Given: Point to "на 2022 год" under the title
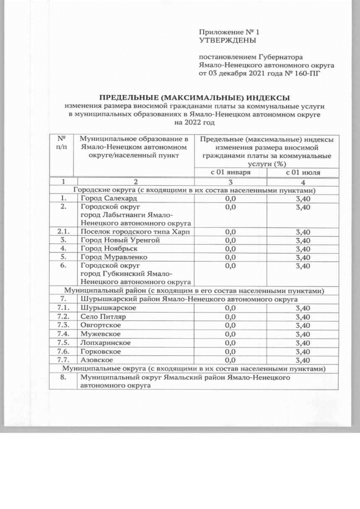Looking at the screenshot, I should click(195, 122).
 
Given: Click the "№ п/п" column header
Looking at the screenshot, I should click(62, 143).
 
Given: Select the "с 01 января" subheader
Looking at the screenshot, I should click(230, 172).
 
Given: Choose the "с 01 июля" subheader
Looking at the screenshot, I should click(303, 172).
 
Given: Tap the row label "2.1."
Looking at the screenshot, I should click(63, 231).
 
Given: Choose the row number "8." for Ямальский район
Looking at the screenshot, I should click(63, 379).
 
